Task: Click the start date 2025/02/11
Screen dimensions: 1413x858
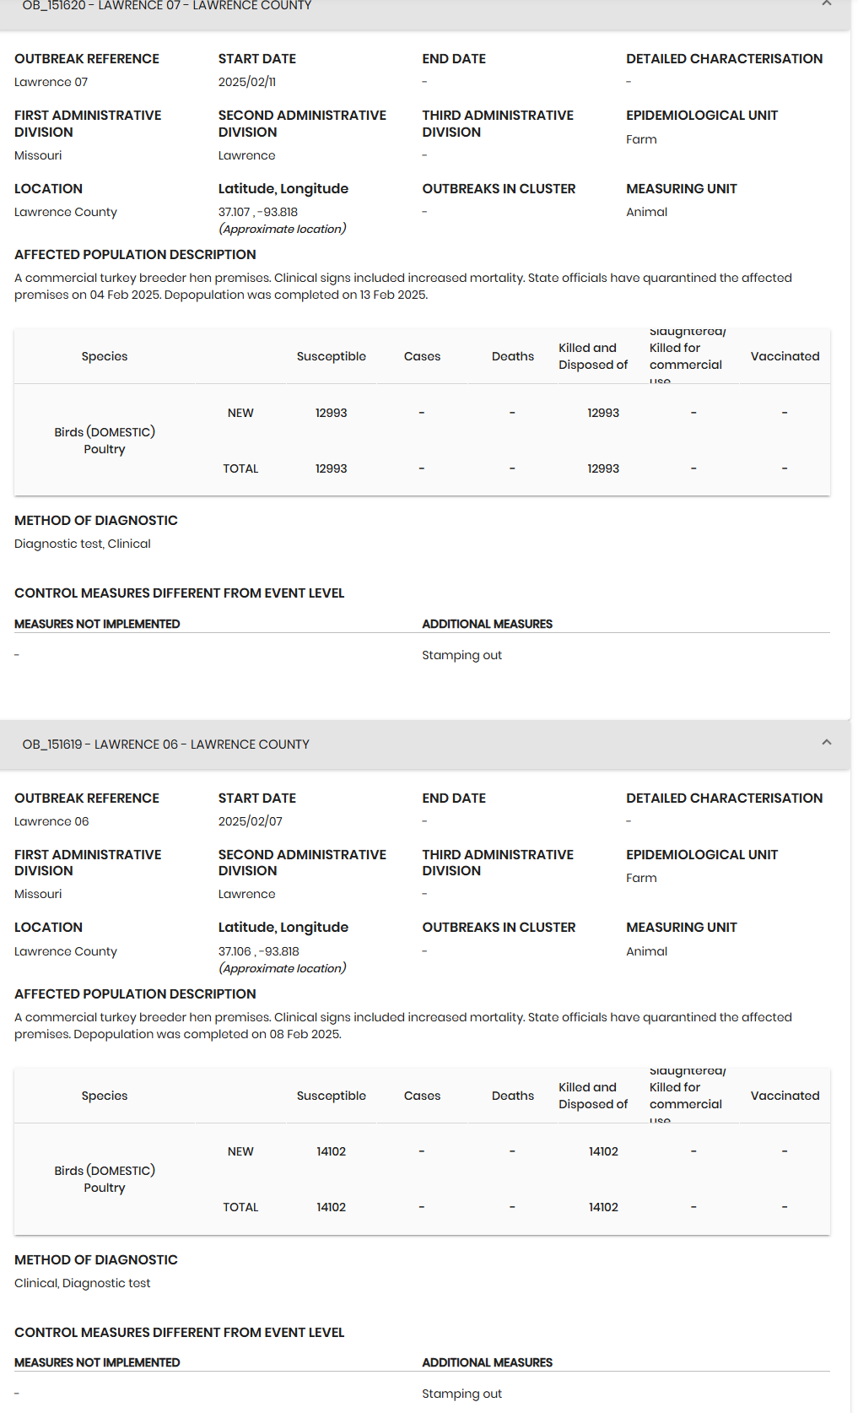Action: pos(247,82)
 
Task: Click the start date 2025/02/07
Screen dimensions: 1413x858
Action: pos(251,821)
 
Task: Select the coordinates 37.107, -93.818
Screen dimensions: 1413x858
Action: pos(258,212)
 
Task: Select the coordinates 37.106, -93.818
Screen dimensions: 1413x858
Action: pos(259,951)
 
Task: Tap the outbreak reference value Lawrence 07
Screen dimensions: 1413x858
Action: pos(51,82)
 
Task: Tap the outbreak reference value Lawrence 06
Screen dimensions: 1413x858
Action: pos(51,821)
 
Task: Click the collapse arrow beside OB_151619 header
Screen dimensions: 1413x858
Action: pos(827,743)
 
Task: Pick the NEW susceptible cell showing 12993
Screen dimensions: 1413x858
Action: pos(332,413)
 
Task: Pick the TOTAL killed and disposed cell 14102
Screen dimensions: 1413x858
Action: pos(603,1207)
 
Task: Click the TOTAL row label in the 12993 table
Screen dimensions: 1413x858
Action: pos(240,468)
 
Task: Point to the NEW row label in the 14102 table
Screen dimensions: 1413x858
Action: pos(240,1151)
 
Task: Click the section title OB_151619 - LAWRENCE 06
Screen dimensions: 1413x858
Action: pos(166,744)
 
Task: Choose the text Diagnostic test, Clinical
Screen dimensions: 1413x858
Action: pos(83,544)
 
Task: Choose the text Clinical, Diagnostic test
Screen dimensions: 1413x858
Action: pos(83,1283)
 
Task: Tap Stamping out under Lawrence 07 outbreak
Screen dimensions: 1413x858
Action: pos(461,655)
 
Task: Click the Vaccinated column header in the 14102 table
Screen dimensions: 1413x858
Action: pos(785,1096)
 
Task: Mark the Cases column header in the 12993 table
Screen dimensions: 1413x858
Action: pos(422,356)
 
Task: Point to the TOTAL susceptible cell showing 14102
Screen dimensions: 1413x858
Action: pos(332,1207)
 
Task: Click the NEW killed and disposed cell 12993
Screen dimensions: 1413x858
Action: pos(603,413)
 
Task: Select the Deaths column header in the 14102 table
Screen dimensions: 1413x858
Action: pos(513,1096)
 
